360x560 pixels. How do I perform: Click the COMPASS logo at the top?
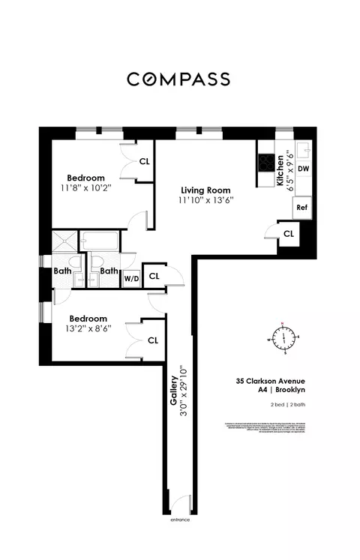179,79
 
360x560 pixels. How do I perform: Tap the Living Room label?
198,190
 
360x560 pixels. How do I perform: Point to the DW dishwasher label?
303,169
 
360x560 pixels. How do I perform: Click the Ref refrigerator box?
301,208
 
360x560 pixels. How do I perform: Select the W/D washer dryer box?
131,278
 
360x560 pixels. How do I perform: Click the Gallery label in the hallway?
173,391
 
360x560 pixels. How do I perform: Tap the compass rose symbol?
284,339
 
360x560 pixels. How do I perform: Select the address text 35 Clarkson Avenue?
271,380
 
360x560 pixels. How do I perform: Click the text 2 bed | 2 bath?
289,405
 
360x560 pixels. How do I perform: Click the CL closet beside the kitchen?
289,234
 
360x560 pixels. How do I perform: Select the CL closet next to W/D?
154,276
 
